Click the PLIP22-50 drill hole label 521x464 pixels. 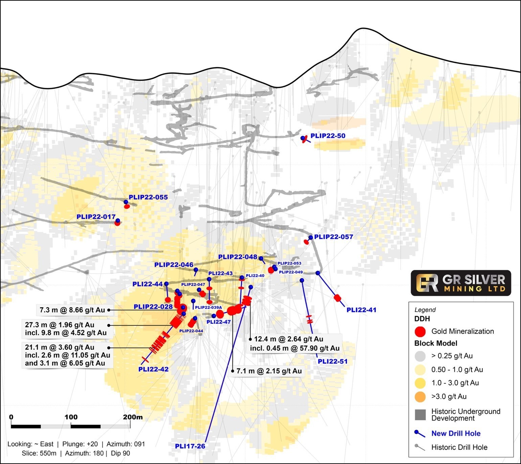point(328,136)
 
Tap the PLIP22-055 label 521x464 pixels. point(148,197)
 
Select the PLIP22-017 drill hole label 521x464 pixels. point(96,217)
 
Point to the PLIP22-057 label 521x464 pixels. point(333,237)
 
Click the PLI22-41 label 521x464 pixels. point(361,310)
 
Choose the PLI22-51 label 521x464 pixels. point(332,361)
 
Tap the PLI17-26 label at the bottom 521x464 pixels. point(190,446)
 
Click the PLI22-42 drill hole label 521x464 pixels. point(153,369)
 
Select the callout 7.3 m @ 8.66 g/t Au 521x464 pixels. point(72,310)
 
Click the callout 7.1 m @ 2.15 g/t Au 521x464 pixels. point(269,371)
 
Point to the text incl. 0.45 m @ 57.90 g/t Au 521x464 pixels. point(295,348)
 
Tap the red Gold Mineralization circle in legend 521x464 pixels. point(420,332)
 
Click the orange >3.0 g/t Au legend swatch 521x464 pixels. point(420,397)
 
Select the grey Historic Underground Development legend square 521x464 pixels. point(420,415)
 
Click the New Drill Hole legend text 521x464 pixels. point(456,433)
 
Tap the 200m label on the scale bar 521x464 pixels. point(133,417)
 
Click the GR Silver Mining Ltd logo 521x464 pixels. point(460,283)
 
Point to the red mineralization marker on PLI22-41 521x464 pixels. point(337,298)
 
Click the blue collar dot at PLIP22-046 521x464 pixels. point(196,270)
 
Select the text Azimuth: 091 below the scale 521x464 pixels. point(126,444)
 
